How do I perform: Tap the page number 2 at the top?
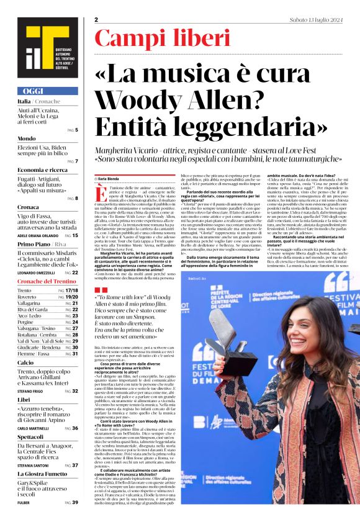[97, 20]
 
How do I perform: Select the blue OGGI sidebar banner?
[47, 91]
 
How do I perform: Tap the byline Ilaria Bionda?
[110, 178]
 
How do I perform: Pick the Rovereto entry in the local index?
[28, 297]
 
